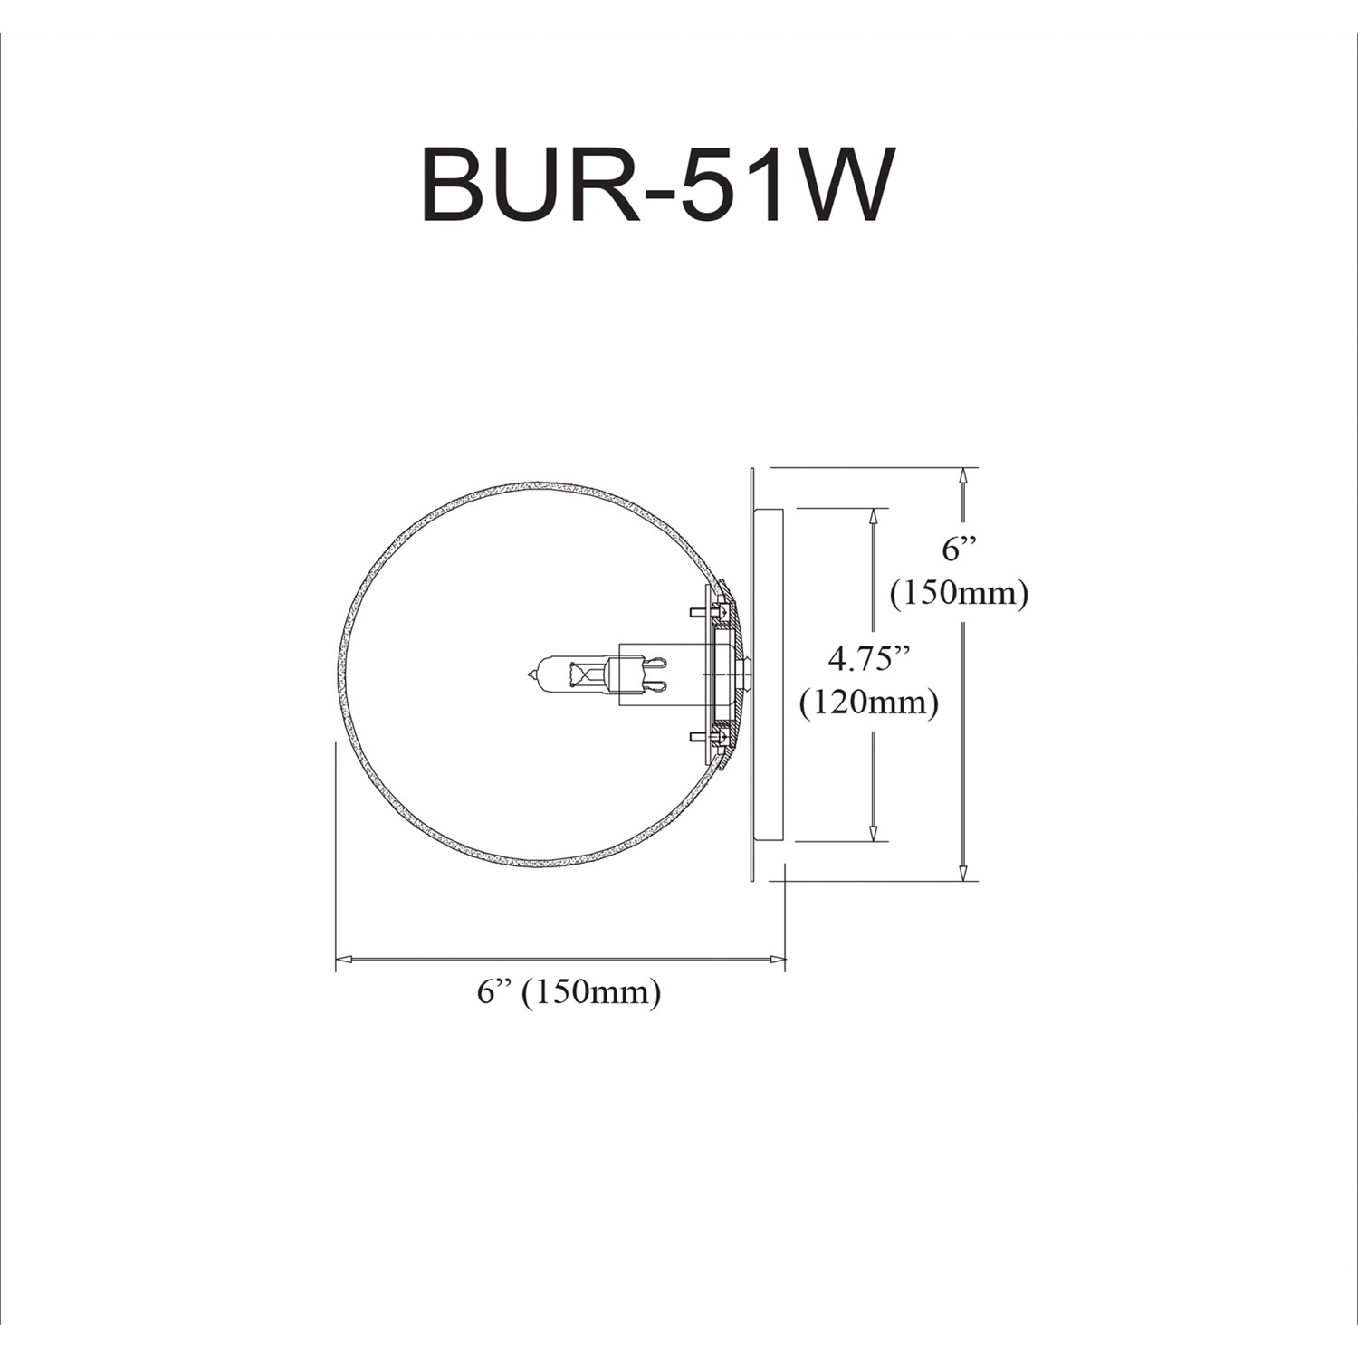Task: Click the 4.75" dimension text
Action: [867, 659]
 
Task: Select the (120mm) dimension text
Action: [867, 702]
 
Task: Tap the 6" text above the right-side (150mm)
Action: [960, 550]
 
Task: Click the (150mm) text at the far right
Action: [959, 593]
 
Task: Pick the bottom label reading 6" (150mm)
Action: [569, 992]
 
